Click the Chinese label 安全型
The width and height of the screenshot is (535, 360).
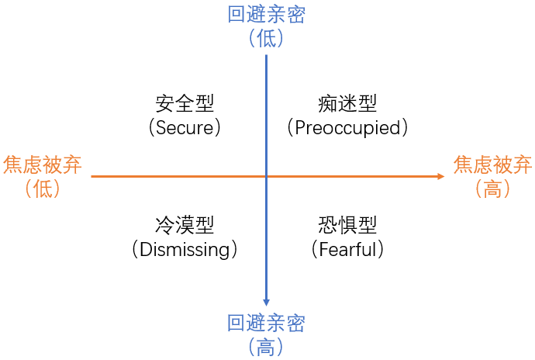pos(185,103)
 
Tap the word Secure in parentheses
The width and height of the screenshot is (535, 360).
pos(185,127)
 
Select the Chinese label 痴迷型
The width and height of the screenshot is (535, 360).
pos(347,103)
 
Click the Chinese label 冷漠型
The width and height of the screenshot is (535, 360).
pos(185,225)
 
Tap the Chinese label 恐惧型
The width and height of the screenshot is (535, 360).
pos(347,225)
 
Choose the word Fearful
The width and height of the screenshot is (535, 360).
pos(347,249)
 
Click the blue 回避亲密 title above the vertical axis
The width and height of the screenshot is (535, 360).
pos(266,15)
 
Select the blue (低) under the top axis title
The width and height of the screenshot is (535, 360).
pos(266,38)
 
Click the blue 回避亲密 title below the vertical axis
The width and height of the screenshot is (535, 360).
pos(266,324)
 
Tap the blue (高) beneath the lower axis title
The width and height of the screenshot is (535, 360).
pos(266,347)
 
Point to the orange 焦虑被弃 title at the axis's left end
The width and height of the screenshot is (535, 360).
pos(43,164)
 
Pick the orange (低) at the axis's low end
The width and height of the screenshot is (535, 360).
pos(43,188)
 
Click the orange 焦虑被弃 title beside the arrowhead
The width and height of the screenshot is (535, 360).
pos(492,164)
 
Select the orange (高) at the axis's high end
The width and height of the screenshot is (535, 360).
pos(492,188)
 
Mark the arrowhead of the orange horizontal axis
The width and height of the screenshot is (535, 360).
pos(440,177)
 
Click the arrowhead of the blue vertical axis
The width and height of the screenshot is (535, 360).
pos(266,302)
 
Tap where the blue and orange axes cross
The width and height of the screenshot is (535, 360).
pos(266,177)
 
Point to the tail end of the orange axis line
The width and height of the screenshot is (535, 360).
pos(92,177)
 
